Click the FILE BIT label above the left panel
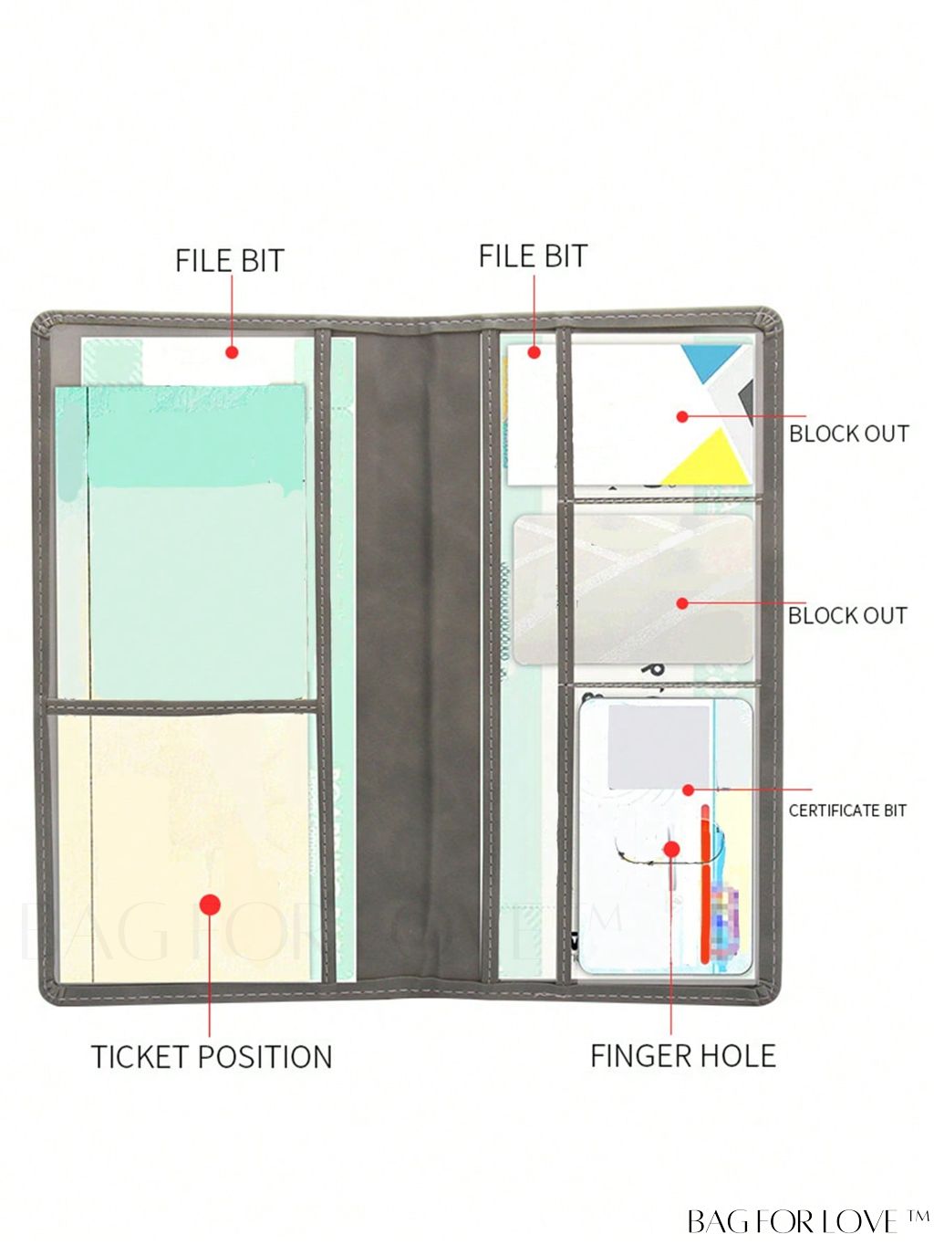(x=230, y=261)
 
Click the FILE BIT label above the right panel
(x=534, y=256)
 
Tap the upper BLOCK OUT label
(x=848, y=434)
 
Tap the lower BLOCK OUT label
(x=847, y=616)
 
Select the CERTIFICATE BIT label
(x=847, y=811)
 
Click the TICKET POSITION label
(x=212, y=1057)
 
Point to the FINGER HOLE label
(x=683, y=1056)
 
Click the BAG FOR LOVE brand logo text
(x=806, y=1221)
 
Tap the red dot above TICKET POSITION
(x=210, y=905)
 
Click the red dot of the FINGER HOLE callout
(x=671, y=849)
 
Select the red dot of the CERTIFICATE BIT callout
(x=689, y=790)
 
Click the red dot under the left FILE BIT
(x=232, y=351)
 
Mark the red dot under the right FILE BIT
(x=534, y=352)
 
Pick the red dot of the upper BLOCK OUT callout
(x=682, y=416)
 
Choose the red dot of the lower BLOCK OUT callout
(x=682, y=603)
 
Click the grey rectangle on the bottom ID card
(x=659, y=747)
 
